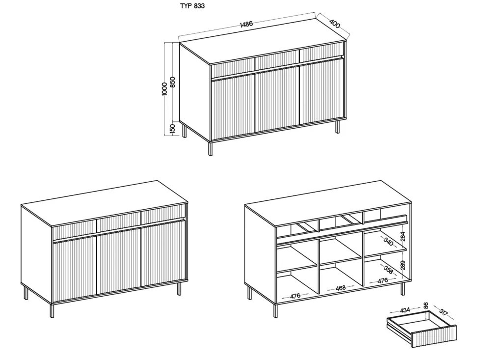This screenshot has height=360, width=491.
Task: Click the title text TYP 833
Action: [x=192, y=5]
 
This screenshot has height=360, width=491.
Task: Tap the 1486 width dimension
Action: [x=246, y=25]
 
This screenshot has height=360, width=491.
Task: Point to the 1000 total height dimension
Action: [x=165, y=89]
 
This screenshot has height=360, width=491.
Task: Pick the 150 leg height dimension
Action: [x=172, y=129]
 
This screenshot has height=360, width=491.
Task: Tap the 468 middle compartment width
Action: [x=340, y=288]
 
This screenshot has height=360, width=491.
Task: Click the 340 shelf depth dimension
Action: [x=388, y=242]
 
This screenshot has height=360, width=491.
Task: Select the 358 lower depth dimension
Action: [x=388, y=270]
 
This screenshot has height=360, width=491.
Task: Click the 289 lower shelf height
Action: [x=403, y=265]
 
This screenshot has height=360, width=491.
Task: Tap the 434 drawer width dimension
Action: [x=405, y=310]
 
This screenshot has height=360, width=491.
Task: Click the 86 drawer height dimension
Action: [x=425, y=306]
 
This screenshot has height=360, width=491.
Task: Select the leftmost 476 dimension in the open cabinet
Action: [x=295, y=296]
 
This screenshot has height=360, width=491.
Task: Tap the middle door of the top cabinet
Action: [x=277, y=102]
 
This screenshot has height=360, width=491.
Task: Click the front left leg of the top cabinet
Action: [x=210, y=148]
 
